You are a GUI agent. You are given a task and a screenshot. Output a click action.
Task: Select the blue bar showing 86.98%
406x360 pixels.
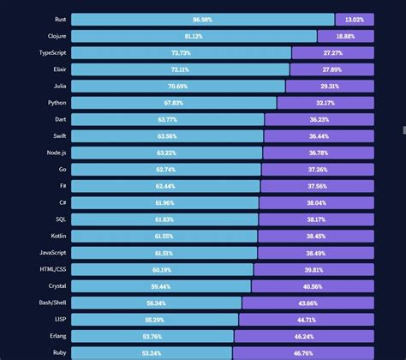pyautogui.click(x=203, y=20)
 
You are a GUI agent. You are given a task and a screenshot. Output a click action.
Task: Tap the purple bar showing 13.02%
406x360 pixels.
pyautogui.click(x=355, y=20)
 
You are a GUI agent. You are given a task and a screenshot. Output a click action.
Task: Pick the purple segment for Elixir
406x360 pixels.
pyautogui.click(x=332, y=69)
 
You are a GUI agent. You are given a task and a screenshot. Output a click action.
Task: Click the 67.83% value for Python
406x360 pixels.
pyautogui.click(x=173, y=103)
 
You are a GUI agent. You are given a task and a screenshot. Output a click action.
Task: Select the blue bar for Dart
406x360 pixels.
pyautogui.click(x=168, y=119)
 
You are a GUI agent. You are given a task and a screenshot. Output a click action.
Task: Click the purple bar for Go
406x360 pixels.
pyautogui.click(x=318, y=170)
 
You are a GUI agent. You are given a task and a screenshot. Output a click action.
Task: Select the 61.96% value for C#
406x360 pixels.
pyautogui.click(x=165, y=203)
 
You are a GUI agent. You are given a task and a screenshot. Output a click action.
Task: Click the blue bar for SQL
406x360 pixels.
pyautogui.click(x=164, y=219)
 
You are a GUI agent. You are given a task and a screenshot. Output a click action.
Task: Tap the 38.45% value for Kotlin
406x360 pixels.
pyautogui.click(x=316, y=236)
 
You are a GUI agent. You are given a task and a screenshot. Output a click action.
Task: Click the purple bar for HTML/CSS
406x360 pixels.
pyautogui.click(x=314, y=269)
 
